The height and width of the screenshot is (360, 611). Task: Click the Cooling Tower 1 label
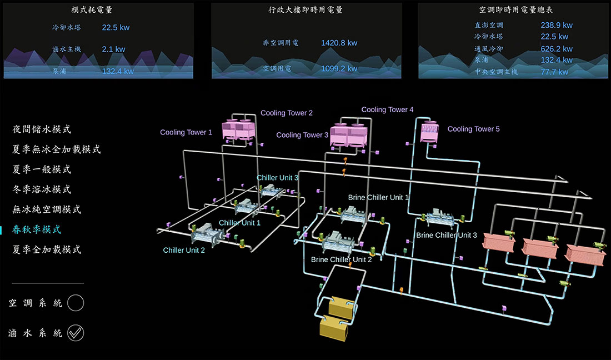[x=186, y=132]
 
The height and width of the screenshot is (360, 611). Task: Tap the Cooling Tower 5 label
[x=473, y=129]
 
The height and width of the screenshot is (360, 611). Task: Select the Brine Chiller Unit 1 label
[x=378, y=197]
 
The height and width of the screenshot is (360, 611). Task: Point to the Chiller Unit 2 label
[x=184, y=250]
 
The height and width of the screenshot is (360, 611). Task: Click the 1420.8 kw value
[x=339, y=43]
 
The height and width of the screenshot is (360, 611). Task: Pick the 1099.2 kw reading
[x=339, y=69]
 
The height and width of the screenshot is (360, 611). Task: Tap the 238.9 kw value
[x=556, y=25]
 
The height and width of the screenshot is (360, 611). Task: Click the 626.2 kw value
[x=556, y=49]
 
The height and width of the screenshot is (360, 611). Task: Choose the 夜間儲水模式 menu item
[x=42, y=129]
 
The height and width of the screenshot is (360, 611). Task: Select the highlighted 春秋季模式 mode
[x=37, y=229]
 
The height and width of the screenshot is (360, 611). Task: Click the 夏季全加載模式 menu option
[x=47, y=249]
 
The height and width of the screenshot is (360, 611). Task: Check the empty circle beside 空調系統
[x=76, y=303]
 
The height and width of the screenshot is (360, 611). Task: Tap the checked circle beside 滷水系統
[x=76, y=333]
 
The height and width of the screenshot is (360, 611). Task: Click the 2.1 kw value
[x=113, y=49]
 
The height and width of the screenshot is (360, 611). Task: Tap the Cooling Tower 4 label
[x=387, y=109]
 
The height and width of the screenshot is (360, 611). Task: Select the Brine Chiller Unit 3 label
[x=446, y=235]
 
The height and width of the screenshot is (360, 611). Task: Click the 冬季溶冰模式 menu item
[x=42, y=189]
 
